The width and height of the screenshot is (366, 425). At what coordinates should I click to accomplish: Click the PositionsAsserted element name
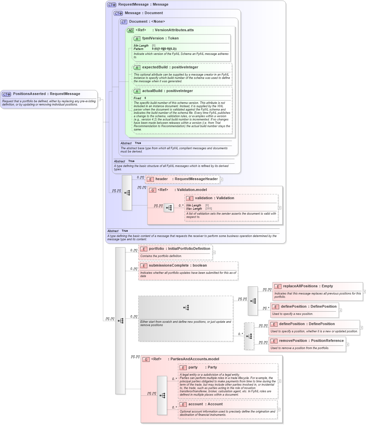pos(29,94)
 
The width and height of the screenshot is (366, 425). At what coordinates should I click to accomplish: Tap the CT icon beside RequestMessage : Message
pos(112,5)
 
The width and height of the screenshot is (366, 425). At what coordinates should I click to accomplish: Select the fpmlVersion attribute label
pos(153,38)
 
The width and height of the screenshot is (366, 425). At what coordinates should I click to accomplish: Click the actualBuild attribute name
pos(152,91)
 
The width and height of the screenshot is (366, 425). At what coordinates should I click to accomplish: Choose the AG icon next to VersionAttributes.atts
pos(131,30)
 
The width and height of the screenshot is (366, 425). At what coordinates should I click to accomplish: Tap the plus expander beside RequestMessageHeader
pos(222,179)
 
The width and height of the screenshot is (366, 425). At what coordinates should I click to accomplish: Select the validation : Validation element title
pos(214,198)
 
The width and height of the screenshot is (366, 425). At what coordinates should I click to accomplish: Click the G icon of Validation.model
pos(153,190)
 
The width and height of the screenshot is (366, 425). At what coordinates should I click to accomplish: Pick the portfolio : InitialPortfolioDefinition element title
pos(179,249)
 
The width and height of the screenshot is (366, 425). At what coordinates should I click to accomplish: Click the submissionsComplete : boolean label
pos(178,266)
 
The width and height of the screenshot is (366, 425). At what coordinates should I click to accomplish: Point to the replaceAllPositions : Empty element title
pos(308,286)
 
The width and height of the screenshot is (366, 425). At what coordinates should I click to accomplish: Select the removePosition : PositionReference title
pos(311,341)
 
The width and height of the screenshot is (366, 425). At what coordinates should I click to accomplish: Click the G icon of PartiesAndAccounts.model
pos(146,359)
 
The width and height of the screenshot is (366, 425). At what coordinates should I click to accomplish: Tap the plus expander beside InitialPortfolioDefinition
pos(214,252)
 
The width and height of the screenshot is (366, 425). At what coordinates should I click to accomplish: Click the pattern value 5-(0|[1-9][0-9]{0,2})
pos(164,49)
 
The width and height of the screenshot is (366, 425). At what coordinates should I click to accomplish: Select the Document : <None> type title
pos(147,22)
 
